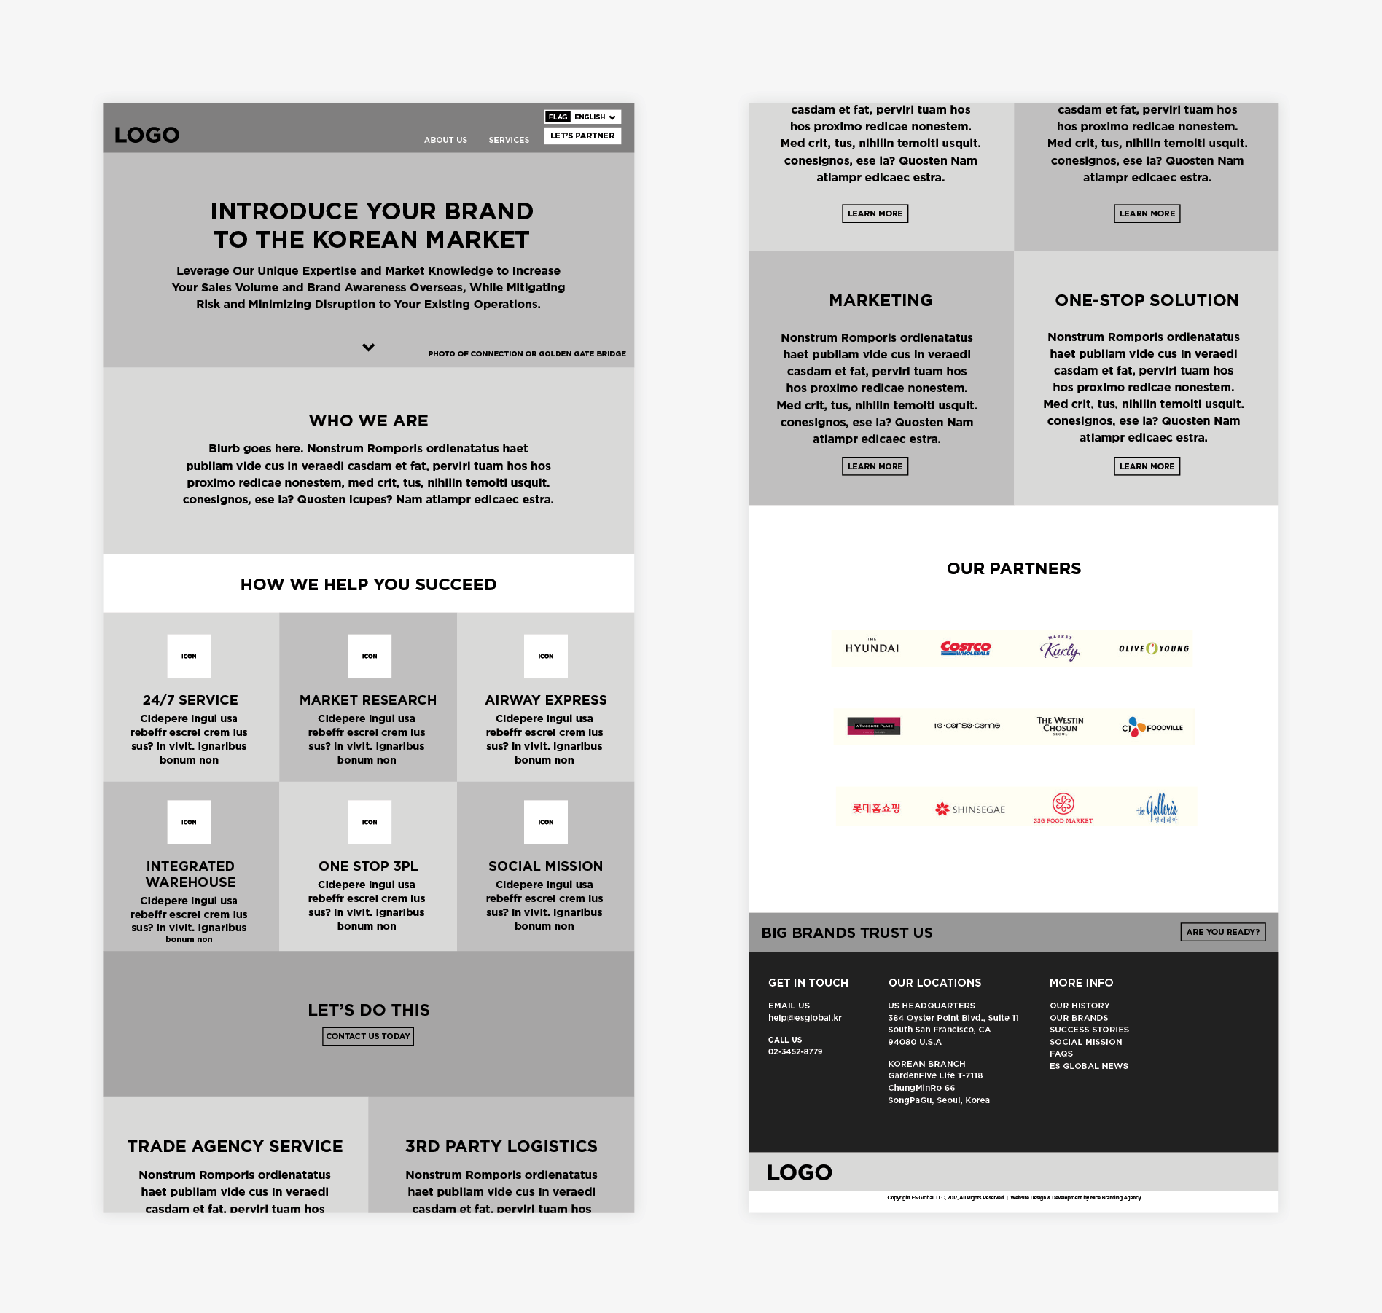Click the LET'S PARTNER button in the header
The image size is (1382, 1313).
point(582,136)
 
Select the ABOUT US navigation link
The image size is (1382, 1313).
point(445,140)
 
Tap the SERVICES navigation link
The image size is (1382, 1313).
point(509,140)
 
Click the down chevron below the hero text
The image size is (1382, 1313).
point(369,348)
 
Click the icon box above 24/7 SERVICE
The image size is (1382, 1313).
point(189,656)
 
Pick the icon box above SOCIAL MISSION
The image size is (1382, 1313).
point(545,822)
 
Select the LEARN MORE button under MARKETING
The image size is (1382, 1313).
point(875,466)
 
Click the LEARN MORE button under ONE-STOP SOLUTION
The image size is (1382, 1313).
point(1147,466)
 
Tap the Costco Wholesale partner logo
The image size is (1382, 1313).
point(965,648)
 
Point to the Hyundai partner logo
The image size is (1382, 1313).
point(872,648)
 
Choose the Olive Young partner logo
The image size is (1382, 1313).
point(1153,648)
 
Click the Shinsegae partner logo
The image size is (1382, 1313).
point(969,809)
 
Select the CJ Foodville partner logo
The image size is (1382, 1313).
point(1152,727)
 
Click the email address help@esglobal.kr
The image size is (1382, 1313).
point(805,1018)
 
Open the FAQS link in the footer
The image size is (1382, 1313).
point(1061,1054)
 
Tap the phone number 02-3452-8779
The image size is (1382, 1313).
point(795,1051)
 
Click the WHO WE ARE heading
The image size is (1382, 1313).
point(368,420)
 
